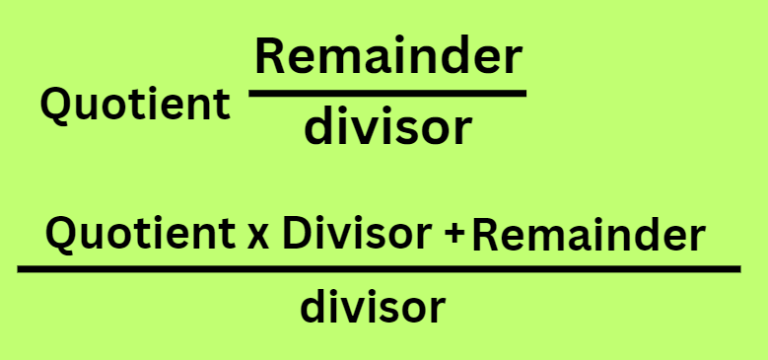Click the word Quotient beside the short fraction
coord(135,105)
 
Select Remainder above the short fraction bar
coord(387,58)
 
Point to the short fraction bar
coord(387,94)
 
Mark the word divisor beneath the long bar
coord(373,308)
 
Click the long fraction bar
coord(379,268)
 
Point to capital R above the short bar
coord(272,58)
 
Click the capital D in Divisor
coord(297,234)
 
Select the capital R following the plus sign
coord(485,236)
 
